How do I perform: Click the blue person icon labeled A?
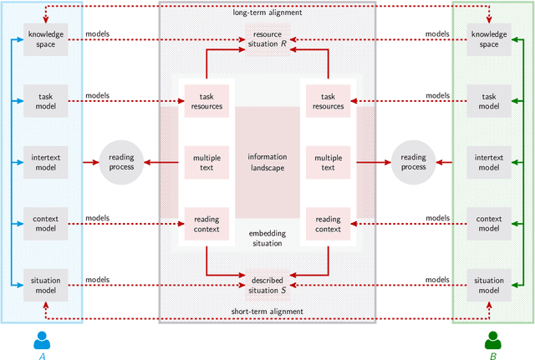(42, 340)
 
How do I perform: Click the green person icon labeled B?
(492, 340)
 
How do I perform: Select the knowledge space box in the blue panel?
(41, 40)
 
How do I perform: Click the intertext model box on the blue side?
(41, 161)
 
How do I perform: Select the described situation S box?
(267, 285)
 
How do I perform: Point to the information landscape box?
(267, 162)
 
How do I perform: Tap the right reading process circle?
(413, 162)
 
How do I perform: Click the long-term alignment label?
(267, 13)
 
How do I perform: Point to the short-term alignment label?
(267, 312)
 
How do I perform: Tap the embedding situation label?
(267, 238)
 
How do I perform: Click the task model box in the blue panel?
(41, 101)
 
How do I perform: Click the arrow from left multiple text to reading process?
(162, 162)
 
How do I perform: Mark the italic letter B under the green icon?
(492, 355)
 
